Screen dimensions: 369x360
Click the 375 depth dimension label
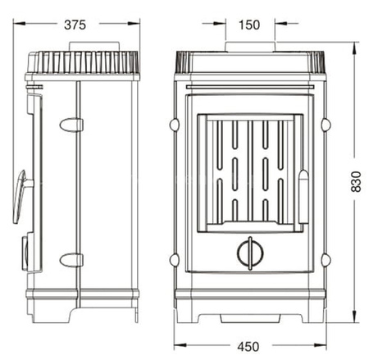click(75, 25)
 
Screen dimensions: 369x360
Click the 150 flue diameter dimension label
click(249, 25)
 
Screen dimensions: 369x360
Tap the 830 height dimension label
click(356, 181)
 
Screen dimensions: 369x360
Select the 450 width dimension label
click(248, 347)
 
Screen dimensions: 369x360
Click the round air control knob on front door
click(250, 253)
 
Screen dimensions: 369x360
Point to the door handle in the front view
click(303, 196)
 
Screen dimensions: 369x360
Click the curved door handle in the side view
click(21, 195)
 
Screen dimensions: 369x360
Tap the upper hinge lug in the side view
click(71, 125)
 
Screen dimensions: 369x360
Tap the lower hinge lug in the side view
click(71, 260)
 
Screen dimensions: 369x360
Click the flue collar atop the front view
click(250, 47)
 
